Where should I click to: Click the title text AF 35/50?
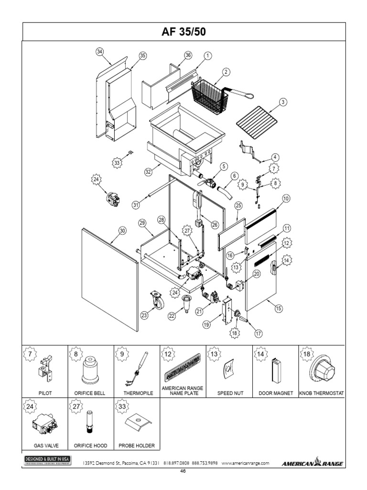(183, 32)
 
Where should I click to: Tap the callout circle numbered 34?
(99, 52)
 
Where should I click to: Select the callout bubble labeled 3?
(283, 101)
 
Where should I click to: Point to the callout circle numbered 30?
(122, 231)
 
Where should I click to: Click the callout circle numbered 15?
(278, 309)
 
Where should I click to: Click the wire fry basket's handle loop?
(248, 96)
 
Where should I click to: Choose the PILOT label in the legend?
(45, 393)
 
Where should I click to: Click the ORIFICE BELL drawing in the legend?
(90, 371)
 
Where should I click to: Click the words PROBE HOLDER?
(137, 445)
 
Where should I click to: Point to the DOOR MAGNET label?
(275, 393)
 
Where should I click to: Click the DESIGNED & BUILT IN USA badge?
(47, 460)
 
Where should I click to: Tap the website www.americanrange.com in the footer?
(246, 463)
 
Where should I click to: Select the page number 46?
(183, 471)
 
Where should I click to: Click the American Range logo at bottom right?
(313, 463)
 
